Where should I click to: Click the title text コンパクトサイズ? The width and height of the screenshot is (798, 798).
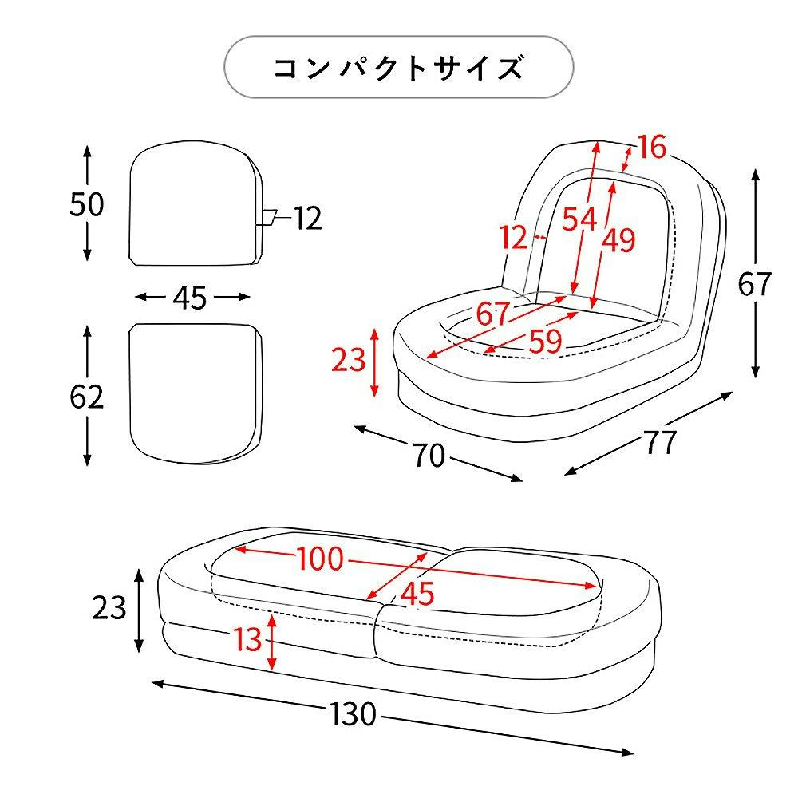[x=398, y=68]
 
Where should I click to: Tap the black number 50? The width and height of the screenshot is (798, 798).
[x=86, y=205]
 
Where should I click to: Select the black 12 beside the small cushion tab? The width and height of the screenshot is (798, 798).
[x=306, y=218]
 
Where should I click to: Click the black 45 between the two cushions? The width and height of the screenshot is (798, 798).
[x=190, y=298]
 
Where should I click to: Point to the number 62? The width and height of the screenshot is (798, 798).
[x=86, y=397]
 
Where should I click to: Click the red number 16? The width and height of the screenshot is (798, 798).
[x=651, y=147]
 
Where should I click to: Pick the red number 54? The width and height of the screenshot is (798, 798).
[x=579, y=219]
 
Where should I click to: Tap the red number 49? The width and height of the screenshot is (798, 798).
[x=618, y=239]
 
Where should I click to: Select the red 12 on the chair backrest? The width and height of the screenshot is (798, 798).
[x=514, y=237]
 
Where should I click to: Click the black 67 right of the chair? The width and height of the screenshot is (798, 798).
[x=753, y=284]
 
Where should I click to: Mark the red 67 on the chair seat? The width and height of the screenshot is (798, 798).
[x=492, y=314]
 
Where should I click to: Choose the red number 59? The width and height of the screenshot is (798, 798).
[x=545, y=342]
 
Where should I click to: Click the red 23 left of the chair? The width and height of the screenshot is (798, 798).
[x=348, y=361]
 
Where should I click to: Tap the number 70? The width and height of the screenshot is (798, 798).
[x=429, y=456]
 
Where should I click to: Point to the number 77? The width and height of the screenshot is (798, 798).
[x=660, y=441]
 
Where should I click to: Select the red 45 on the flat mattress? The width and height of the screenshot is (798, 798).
[x=417, y=593]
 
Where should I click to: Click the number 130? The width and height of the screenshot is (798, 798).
[x=351, y=715]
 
